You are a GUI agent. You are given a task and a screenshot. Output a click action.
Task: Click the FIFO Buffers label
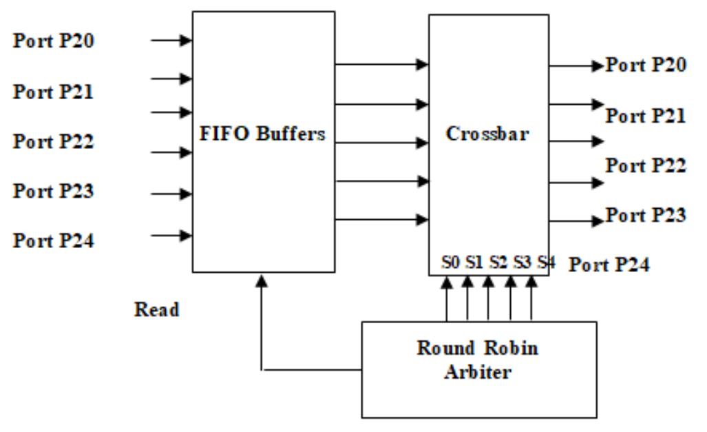coord(262,134)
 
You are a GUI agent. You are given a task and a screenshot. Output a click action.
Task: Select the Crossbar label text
coord(487,134)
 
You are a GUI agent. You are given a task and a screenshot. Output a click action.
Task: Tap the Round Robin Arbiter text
coord(478,359)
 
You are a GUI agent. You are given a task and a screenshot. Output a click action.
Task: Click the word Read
coord(156,310)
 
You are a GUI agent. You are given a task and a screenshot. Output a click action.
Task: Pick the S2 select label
coord(498,262)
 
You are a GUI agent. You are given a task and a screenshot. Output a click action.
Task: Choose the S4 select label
coord(546,262)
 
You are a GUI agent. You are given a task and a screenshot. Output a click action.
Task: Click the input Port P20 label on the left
coord(54,41)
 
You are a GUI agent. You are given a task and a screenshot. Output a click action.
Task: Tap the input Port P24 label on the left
coord(54,240)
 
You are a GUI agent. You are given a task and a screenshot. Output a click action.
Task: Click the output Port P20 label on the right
coord(645,65)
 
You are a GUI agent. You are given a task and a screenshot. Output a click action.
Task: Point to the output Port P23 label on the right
coord(645,216)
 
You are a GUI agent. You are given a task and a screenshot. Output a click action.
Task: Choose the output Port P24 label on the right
coord(609,264)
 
